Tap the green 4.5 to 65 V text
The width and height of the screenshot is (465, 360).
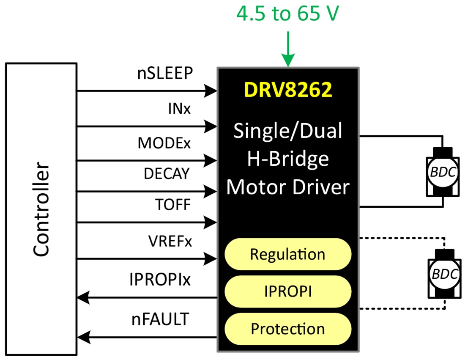[x=287, y=15]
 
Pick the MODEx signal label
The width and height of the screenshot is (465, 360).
[x=164, y=143]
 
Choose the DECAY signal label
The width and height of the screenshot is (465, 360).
[x=167, y=174]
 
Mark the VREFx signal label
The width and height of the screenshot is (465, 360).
[x=169, y=242]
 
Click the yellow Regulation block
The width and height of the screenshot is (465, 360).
[x=287, y=254]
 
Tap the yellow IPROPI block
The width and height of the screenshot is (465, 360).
[x=287, y=291]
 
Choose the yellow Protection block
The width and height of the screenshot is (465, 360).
[x=287, y=329]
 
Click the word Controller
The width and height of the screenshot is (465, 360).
[x=41, y=209]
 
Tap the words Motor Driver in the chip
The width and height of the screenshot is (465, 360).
[x=288, y=187]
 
